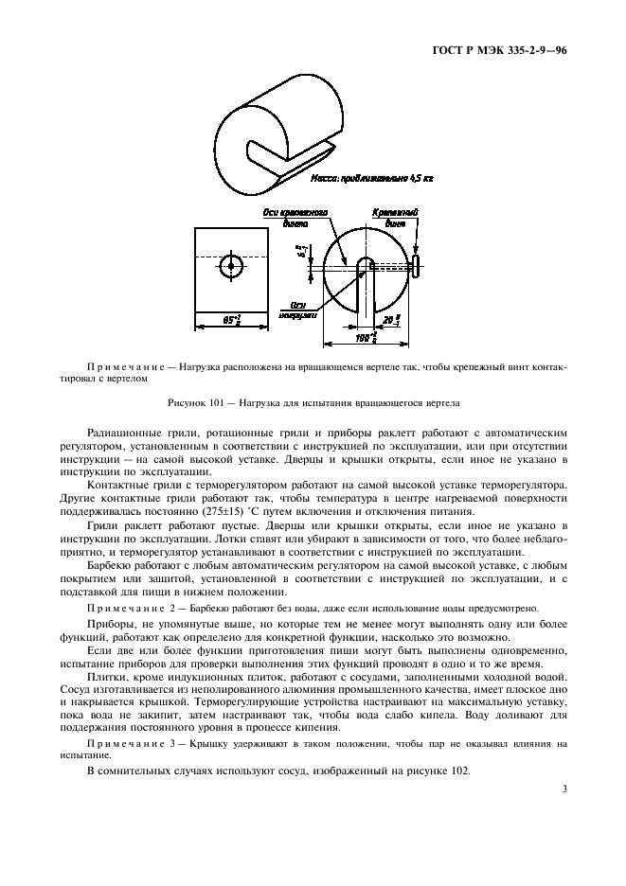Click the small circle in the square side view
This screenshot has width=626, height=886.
231,266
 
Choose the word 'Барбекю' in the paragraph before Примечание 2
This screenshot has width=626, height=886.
110,561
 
